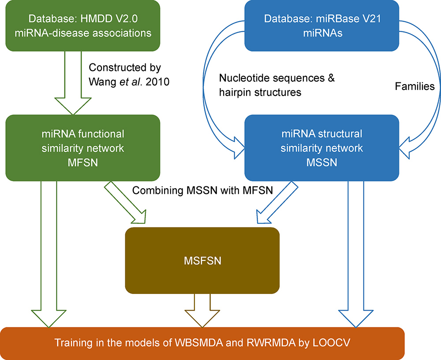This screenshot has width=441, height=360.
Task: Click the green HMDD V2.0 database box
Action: coord(83,26)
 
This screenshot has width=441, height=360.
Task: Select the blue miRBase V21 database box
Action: coord(318,26)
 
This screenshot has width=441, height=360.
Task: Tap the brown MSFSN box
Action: coord(202,260)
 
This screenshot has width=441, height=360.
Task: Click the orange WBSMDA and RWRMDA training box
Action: coord(202,343)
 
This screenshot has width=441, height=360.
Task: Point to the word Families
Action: coord(415,87)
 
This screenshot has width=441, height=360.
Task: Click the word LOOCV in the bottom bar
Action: coord(330,343)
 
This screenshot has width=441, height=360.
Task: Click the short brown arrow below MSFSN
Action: coord(202,308)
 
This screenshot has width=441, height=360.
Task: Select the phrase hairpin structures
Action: coord(260,92)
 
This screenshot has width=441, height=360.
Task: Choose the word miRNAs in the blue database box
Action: coord(318,32)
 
